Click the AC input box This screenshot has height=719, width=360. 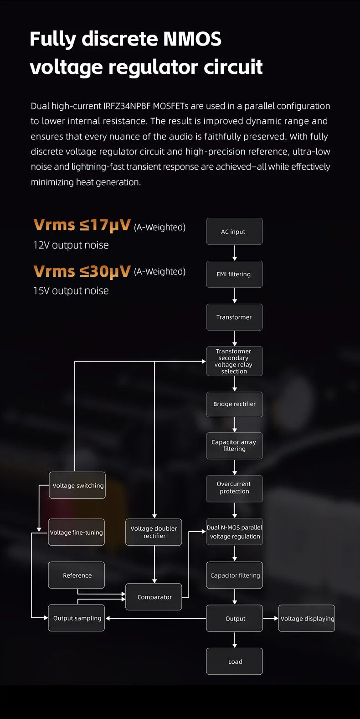[x=234, y=231]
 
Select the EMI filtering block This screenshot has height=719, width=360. [x=234, y=274]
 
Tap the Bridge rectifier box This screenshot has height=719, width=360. [x=234, y=404]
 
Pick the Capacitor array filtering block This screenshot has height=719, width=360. [x=234, y=445]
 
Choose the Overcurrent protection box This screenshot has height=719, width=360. [x=234, y=488]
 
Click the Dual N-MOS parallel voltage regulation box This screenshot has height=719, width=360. [x=234, y=532]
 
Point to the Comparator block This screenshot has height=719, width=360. [x=154, y=597]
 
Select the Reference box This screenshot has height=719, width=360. [x=77, y=575]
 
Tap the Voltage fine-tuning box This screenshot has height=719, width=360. [x=77, y=532]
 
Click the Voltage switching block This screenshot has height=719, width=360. [x=77, y=486]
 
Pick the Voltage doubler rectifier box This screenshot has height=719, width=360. [x=154, y=532]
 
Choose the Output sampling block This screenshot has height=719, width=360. [x=77, y=618]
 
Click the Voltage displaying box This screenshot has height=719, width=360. [x=307, y=618]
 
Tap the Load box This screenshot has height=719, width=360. [x=234, y=661]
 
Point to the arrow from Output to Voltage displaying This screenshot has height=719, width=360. [x=271, y=618]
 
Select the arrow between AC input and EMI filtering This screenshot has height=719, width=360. [x=235, y=253]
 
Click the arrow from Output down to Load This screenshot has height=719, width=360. [x=235, y=640]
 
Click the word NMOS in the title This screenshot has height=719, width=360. [x=192, y=39]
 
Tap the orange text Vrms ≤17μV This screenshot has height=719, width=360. [x=82, y=225]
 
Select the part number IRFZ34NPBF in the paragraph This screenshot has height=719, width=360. [x=127, y=106]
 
